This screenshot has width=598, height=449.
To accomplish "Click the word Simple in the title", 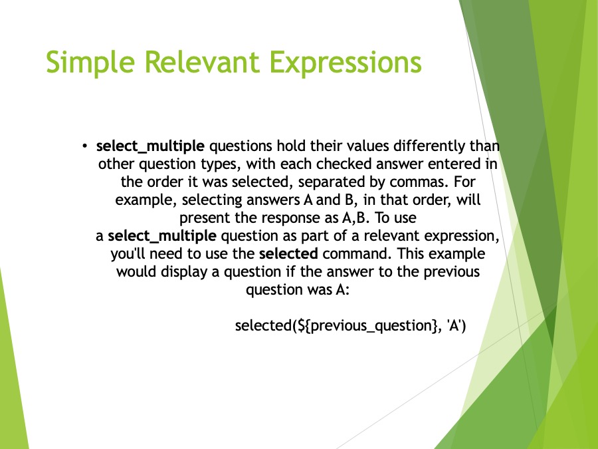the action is tap(90, 63).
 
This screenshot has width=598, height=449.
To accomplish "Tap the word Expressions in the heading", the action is tap(346, 63).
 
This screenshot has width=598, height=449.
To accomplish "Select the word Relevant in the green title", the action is tap(202, 61).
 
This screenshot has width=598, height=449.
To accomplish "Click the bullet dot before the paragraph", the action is tap(84, 146).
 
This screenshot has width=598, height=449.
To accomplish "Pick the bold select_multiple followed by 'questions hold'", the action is tap(150, 146).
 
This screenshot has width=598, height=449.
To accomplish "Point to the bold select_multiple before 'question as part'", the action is tap(162, 236).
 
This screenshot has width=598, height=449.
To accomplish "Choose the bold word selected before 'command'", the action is tap(288, 254).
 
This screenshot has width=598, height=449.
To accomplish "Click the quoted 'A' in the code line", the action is tap(454, 326).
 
